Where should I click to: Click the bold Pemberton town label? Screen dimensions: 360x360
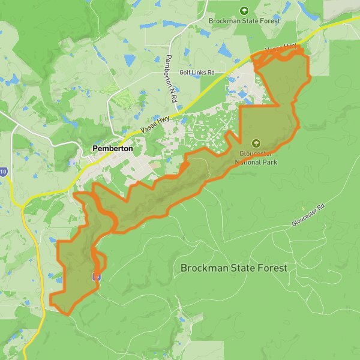[x=112, y=148]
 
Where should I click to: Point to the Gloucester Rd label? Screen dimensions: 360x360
[x=308, y=215]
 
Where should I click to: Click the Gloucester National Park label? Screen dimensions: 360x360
[x=256, y=157]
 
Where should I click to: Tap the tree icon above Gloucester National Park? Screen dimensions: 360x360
[x=256, y=143]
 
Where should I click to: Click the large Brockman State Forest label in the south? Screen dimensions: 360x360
[x=234, y=268]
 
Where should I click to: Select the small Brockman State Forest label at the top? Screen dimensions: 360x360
[x=244, y=20]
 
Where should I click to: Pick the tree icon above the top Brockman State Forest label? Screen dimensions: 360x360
[x=244, y=10]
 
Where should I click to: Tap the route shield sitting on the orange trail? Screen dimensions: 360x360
[x=97, y=277]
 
